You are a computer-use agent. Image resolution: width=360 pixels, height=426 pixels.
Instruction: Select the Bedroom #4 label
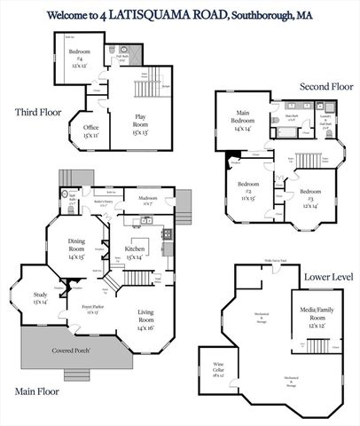80,55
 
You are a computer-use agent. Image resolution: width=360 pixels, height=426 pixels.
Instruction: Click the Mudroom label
147,200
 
